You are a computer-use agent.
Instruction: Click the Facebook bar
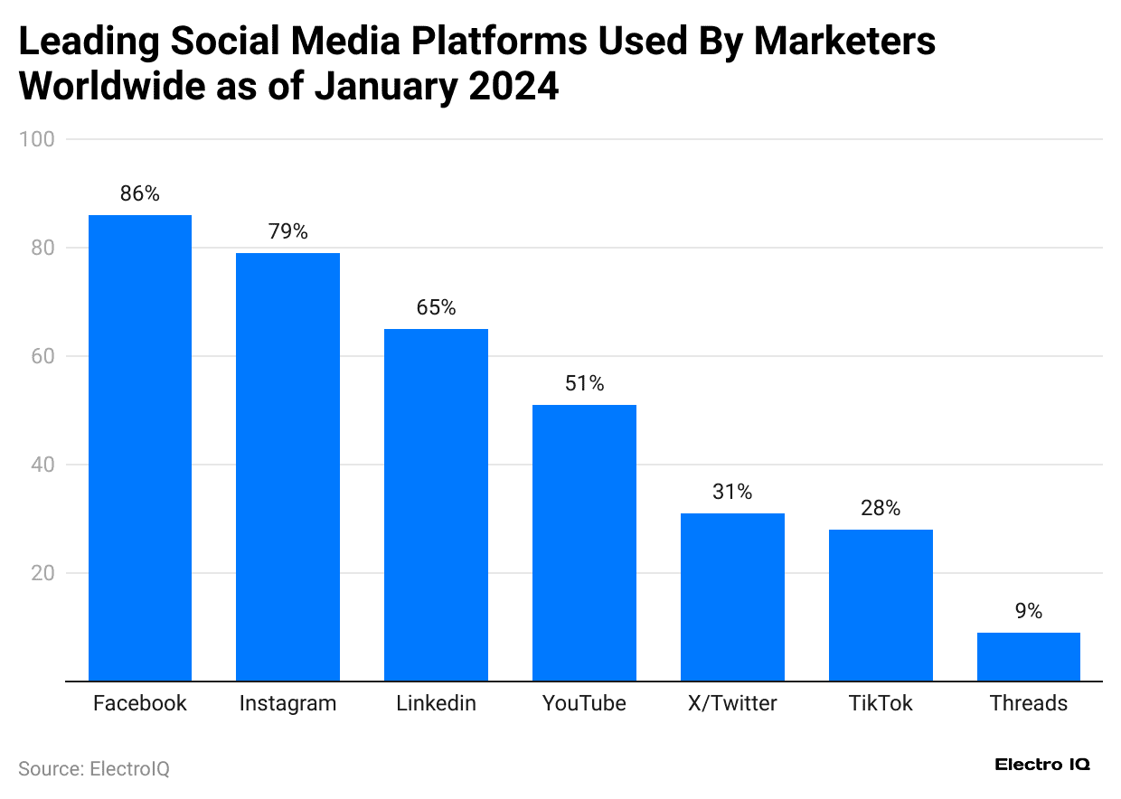[140, 447]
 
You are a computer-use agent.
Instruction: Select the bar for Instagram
[287, 466]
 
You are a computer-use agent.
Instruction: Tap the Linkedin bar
[436, 504]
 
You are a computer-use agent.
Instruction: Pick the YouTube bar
[584, 542]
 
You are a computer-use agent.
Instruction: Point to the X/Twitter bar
[732, 597]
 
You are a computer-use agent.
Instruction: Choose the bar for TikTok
[881, 605]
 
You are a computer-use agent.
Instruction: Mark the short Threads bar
[1029, 656]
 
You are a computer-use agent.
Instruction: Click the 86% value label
[140, 193]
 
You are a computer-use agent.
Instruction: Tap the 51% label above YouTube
[584, 383]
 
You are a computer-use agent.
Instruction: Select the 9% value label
[1029, 611]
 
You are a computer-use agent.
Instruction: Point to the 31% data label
[732, 492]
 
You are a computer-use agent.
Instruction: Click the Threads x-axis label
[1029, 703]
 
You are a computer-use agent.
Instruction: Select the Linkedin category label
[436, 703]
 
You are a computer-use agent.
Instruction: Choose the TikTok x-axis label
[881, 703]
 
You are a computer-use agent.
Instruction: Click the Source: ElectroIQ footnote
[94, 769]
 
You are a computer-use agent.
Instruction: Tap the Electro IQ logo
[1042, 765]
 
